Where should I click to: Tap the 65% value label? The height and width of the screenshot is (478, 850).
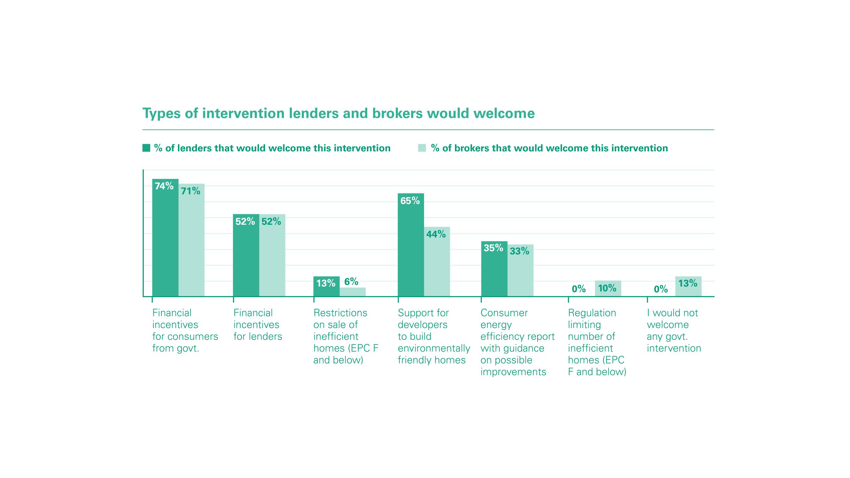[410, 201]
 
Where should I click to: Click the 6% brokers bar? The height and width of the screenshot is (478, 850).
[353, 292]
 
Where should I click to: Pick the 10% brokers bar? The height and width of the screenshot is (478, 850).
[608, 288]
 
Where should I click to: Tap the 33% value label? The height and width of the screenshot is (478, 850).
[519, 251]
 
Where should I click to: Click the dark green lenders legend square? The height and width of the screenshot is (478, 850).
[146, 148]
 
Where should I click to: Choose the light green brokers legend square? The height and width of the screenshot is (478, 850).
[422, 148]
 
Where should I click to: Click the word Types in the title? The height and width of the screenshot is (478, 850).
[161, 114]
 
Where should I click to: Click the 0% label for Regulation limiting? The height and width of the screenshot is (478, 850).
[578, 289]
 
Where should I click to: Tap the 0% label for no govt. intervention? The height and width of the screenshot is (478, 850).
[660, 289]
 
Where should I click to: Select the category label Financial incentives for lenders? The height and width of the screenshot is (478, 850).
[258, 325]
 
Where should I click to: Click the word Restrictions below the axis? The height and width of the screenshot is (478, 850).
[340, 313]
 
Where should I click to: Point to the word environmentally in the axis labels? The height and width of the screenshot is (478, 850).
[434, 348]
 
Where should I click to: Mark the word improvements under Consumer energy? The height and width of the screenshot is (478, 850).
[513, 372]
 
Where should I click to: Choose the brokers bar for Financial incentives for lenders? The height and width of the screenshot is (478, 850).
[272, 259]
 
